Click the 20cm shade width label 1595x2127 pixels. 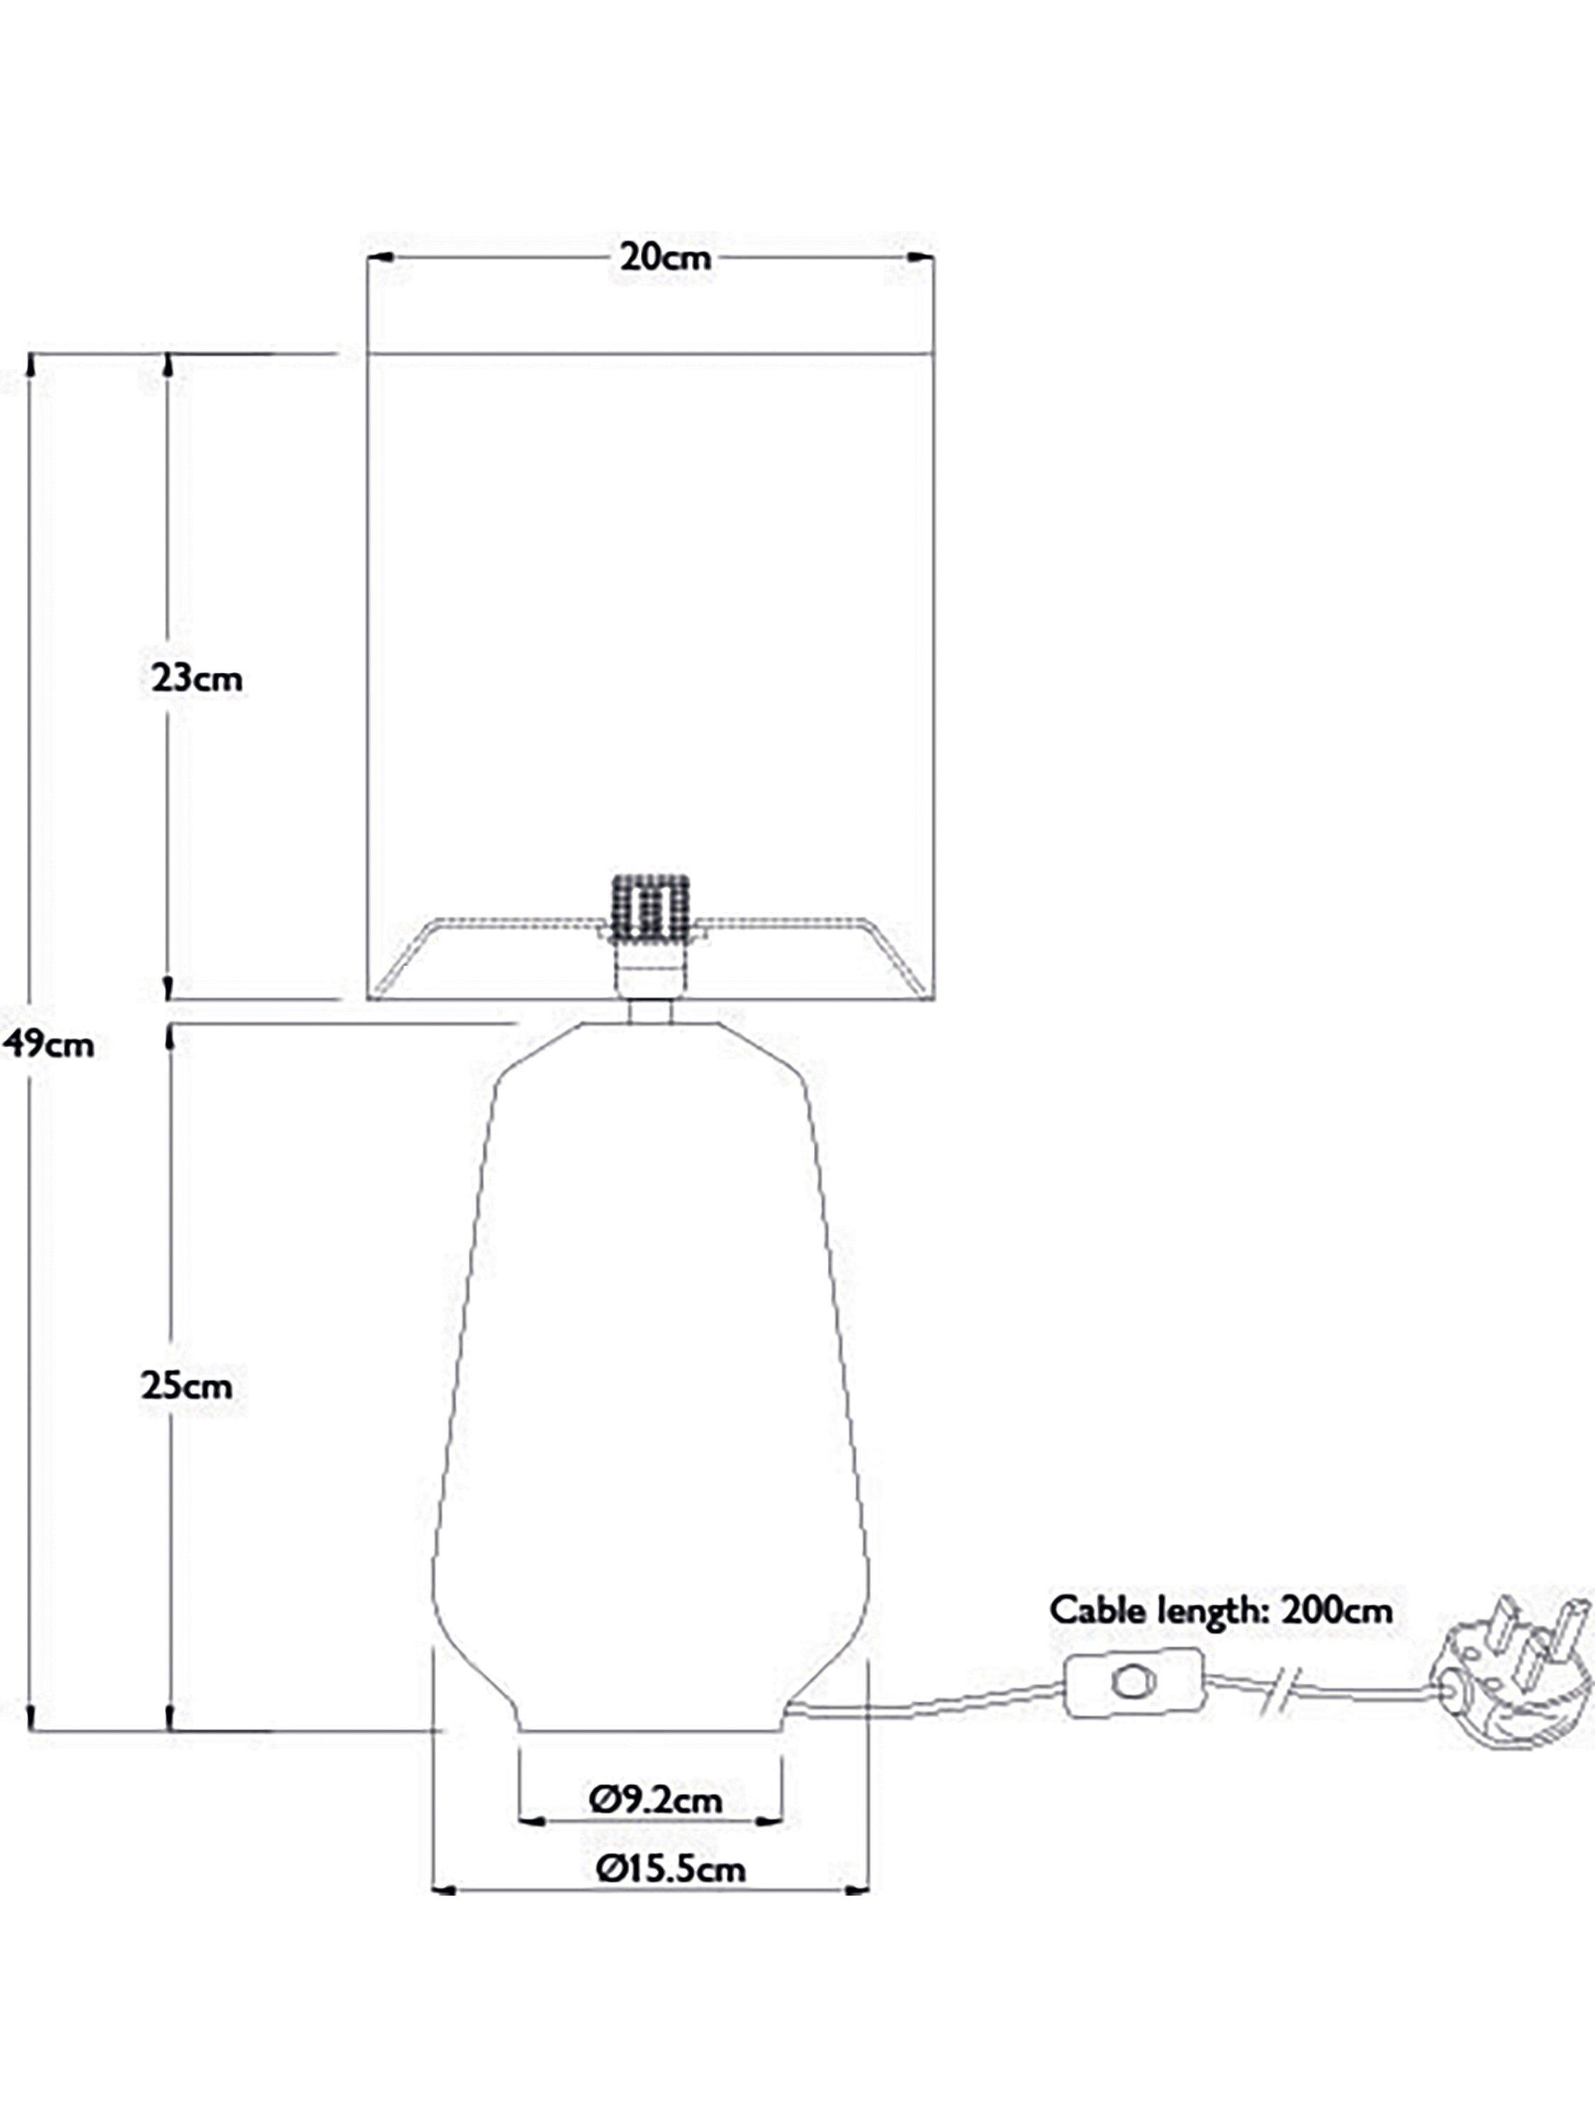(664, 257)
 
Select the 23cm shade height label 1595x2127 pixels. (197, 679)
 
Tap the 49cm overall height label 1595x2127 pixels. (48, 1044)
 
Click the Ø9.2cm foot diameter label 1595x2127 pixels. (656, 1799)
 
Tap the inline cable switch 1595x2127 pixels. (1134, 1682)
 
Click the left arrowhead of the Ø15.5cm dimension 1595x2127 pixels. (444, 1890)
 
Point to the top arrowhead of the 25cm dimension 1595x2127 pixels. (170, 1036)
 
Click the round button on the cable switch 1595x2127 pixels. (1131, 1681)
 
